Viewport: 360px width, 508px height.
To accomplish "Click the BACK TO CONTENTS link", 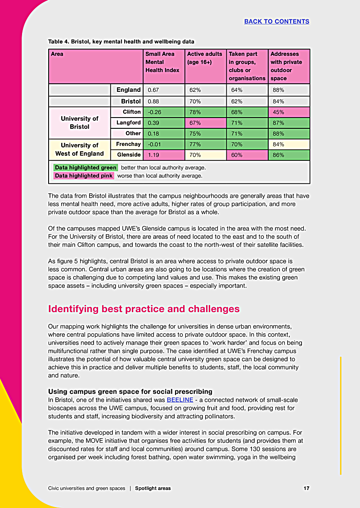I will click(276, 21).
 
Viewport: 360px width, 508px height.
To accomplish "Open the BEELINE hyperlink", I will click(180, 400).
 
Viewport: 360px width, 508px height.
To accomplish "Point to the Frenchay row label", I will click(128, 144).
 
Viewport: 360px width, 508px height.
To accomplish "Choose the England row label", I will click(128, 90).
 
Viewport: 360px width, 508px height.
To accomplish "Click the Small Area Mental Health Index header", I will click(162, 62).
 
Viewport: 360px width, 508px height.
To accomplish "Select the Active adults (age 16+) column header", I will click(205, 58).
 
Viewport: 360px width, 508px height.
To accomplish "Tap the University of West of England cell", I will click(80, 150).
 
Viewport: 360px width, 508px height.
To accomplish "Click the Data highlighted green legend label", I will click(85, 168).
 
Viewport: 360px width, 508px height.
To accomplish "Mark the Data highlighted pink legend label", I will click(84, 176).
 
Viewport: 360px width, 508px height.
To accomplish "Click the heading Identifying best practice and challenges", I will click(144, 309).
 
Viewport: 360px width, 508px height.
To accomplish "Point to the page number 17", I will click(306, 488).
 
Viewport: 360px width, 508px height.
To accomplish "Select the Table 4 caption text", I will click(121, 41).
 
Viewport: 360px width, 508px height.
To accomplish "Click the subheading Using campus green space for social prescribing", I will click(130, 391).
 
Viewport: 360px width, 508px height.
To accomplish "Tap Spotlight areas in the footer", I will click(153, 488).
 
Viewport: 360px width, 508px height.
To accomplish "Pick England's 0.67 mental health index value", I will click(153, 90).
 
